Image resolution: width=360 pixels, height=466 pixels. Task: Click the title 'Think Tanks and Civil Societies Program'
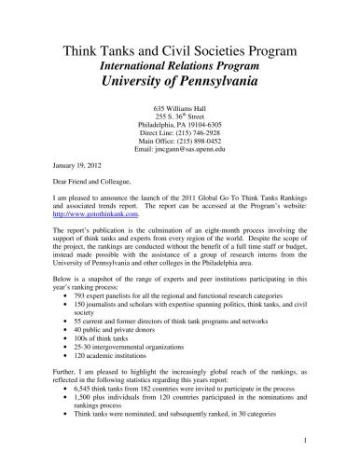pyautogui.click(x=180, y=48)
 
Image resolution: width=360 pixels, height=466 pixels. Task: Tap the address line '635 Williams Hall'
pyautogui.click(x=180, y=108)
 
